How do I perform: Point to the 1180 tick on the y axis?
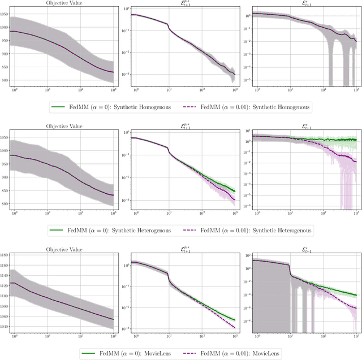[x=5, y=255]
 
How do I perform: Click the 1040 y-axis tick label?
[x=5, y=327]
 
